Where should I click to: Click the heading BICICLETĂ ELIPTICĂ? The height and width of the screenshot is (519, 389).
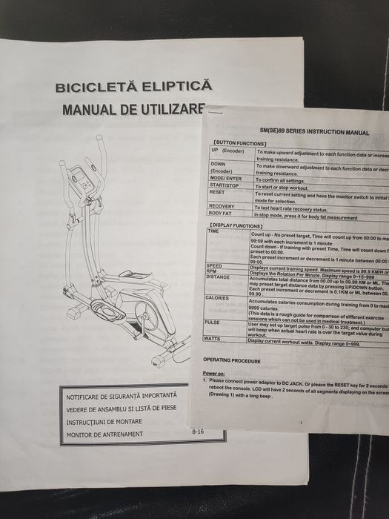pos(133,87)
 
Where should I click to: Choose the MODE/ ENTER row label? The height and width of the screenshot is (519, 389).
pos(226,179)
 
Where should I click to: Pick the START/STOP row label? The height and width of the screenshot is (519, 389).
pos(225,185)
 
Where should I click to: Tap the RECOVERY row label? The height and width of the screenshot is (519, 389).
pos(222,206)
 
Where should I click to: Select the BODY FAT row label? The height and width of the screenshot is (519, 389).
pos(222,213)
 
